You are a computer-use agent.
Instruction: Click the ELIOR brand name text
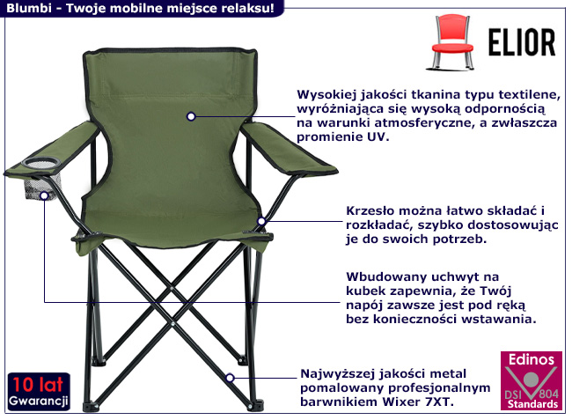coord(520,41)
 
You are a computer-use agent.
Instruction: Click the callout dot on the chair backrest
coord(190,115)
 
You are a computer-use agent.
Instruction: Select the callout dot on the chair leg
coord(230,377)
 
